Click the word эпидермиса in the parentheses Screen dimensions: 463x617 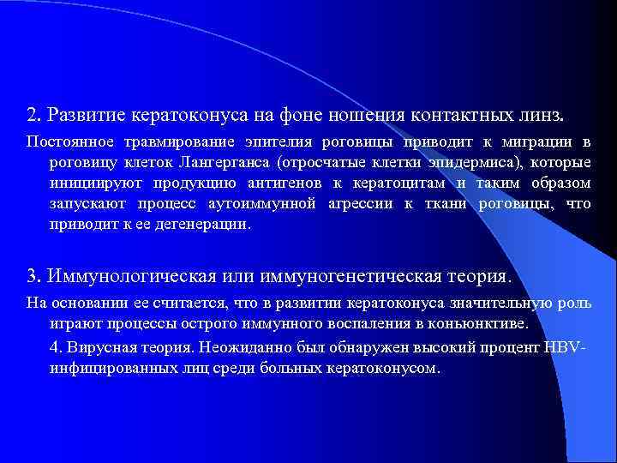click(x=467, y=162)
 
